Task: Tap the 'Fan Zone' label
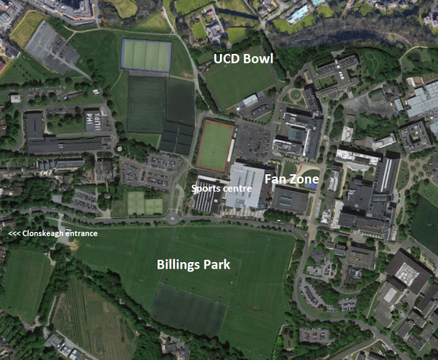[292, 178]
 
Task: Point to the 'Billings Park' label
[193, 264]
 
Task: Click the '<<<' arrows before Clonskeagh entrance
[14, 233]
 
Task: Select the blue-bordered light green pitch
[146, 55]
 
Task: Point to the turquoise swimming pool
[297, 13]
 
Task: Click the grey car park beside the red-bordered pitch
[252, 140]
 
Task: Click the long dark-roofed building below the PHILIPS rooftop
[68, 145]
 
